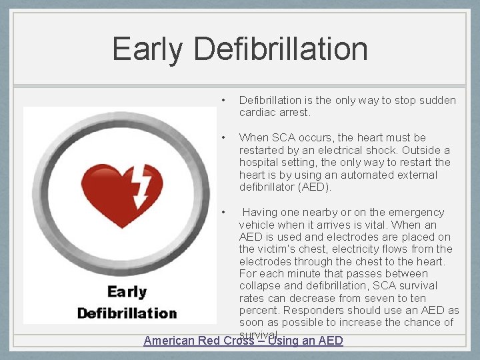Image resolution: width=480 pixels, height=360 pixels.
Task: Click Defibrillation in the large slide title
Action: click(281, 49)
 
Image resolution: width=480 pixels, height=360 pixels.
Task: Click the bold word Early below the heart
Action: click(127, 292)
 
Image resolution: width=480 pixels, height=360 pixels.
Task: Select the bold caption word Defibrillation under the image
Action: click(127, 313)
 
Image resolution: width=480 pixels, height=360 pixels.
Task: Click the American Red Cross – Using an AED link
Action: click(243, 341)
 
